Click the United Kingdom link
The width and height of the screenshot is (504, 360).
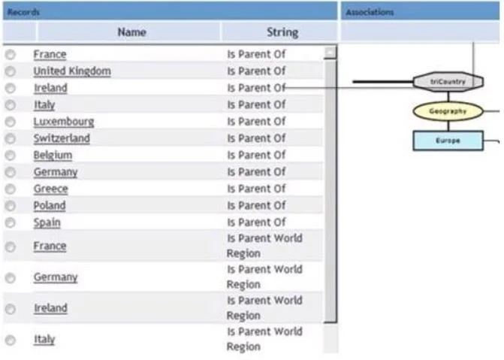coord(72,71)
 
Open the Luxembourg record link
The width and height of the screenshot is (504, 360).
coord(64,122)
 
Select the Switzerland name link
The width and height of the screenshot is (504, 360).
coord(62,138)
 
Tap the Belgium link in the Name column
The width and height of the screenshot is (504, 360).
coord(53,156)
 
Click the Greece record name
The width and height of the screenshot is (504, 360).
coord(51,189)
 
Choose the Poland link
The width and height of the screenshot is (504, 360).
coord(50,206)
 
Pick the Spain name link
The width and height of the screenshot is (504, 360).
coord(47,222)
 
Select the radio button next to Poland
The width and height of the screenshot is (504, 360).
coord(11,206)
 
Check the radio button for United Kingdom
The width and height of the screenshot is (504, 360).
coord(11,71)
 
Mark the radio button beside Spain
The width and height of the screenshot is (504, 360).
coord(11,222)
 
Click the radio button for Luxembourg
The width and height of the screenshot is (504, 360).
coord(11,122)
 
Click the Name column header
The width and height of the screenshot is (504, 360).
coord(131,32)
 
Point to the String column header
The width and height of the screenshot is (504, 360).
coord(282,32)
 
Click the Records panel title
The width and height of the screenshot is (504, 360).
coord(23,12)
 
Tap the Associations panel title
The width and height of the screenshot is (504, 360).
coord(370,12)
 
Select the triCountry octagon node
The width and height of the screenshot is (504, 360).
coord(448,82)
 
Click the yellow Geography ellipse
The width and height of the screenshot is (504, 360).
coord(448,111)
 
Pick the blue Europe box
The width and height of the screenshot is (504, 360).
coord(448,141)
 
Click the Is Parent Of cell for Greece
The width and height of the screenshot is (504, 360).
coord(256,189)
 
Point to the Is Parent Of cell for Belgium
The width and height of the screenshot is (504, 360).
coord(256,156)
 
